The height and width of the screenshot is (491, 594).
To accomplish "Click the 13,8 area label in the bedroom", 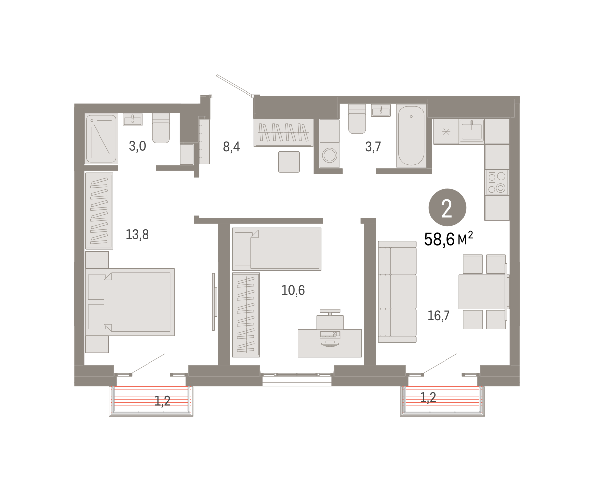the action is (x=137, y=235).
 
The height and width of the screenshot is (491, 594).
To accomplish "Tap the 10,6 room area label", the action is (x=293, y=290).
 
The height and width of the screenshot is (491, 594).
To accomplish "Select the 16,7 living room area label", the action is (x=439, y=316).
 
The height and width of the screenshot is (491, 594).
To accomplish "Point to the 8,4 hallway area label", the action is (x=231, y=147).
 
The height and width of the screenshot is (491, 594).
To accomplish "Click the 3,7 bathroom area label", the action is (x=373, y=147).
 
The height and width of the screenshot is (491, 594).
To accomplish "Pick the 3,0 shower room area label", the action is (x=137, y=146).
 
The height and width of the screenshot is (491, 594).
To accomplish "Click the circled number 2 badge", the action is (x=447, y=208).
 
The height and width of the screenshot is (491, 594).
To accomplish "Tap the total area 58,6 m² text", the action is (x=448, y=239).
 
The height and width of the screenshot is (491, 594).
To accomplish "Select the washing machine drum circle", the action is (x=330, y=156).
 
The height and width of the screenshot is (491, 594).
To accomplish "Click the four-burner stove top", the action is (x=496, y=182).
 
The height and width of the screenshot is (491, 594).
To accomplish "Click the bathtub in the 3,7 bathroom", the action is (x=411, y=136).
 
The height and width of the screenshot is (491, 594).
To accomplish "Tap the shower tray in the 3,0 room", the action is (x=101, y=139).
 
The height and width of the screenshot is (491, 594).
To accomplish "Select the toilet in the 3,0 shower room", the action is (x=161, y=128).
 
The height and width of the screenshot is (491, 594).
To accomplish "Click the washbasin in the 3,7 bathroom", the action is (x=380, y=110).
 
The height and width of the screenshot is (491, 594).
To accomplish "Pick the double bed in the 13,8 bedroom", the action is (x=130, y=302).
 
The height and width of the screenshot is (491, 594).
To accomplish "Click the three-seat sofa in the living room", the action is (x=397, y=292).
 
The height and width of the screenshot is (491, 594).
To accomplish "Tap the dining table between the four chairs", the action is (x=483, y=292).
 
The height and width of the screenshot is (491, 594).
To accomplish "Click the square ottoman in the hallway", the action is (x=289, y=162).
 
